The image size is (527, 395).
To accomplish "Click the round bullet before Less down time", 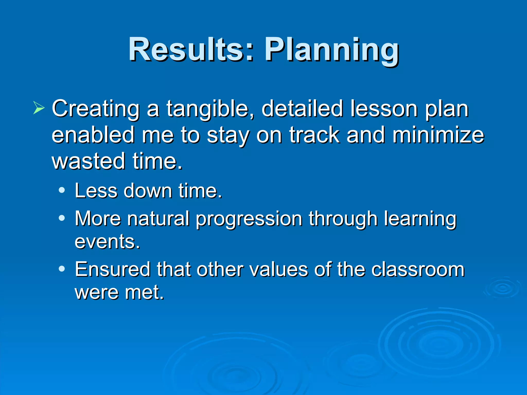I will click(62, 191).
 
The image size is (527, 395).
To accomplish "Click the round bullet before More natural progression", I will click(62, 218).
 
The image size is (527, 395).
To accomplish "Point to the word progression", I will click(249, 219).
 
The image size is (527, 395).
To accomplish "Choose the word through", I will click(343, 219).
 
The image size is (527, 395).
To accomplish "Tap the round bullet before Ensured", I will click(62, 269).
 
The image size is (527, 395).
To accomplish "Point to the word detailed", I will click(302, 109).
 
